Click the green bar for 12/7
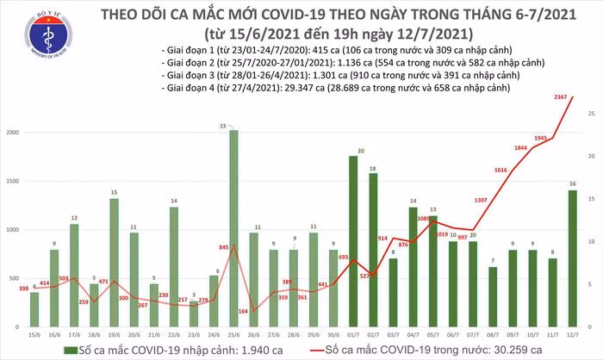click(x=572, y=258)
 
